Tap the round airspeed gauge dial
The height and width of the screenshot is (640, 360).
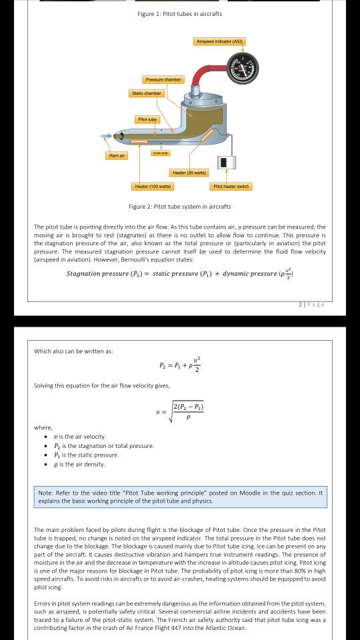[x=241, y=69]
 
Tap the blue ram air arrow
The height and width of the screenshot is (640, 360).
[x=105, y=137]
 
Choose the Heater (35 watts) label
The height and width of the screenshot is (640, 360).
[x=189, y=173]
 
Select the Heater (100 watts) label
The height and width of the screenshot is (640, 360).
[x=151, y=186]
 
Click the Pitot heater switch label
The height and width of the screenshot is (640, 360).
[x=231, y=186]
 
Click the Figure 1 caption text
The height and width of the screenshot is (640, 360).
[x=180, y=14]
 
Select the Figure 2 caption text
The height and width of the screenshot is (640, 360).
[x=180, y=207]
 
